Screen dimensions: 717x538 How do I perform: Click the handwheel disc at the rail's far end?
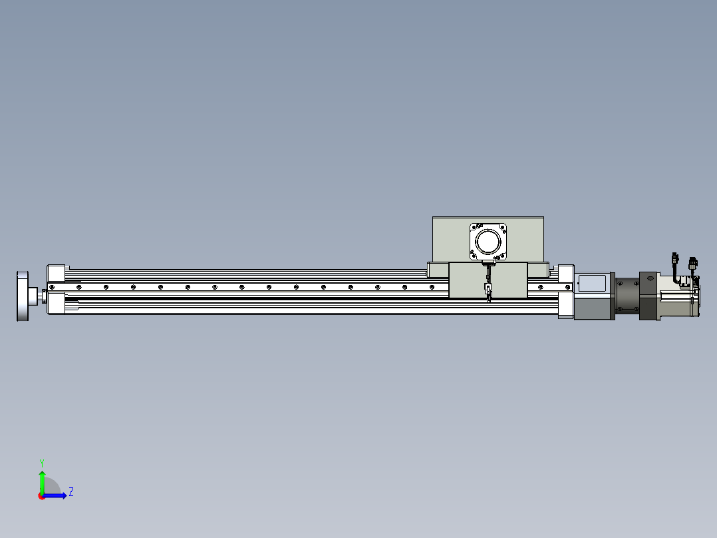click(23, 296)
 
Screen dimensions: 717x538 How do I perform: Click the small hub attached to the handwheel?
click(33, 296)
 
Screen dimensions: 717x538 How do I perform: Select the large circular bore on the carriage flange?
click(488, 241)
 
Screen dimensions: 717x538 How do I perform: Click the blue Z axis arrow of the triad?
click(55, 495)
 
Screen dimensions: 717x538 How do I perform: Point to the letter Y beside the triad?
click(42, 463)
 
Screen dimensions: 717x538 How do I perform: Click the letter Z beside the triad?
click(71, 492)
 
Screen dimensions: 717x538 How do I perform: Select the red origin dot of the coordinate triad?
click(41, 496)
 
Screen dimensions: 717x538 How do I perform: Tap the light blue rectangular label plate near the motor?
click(592, 283)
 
